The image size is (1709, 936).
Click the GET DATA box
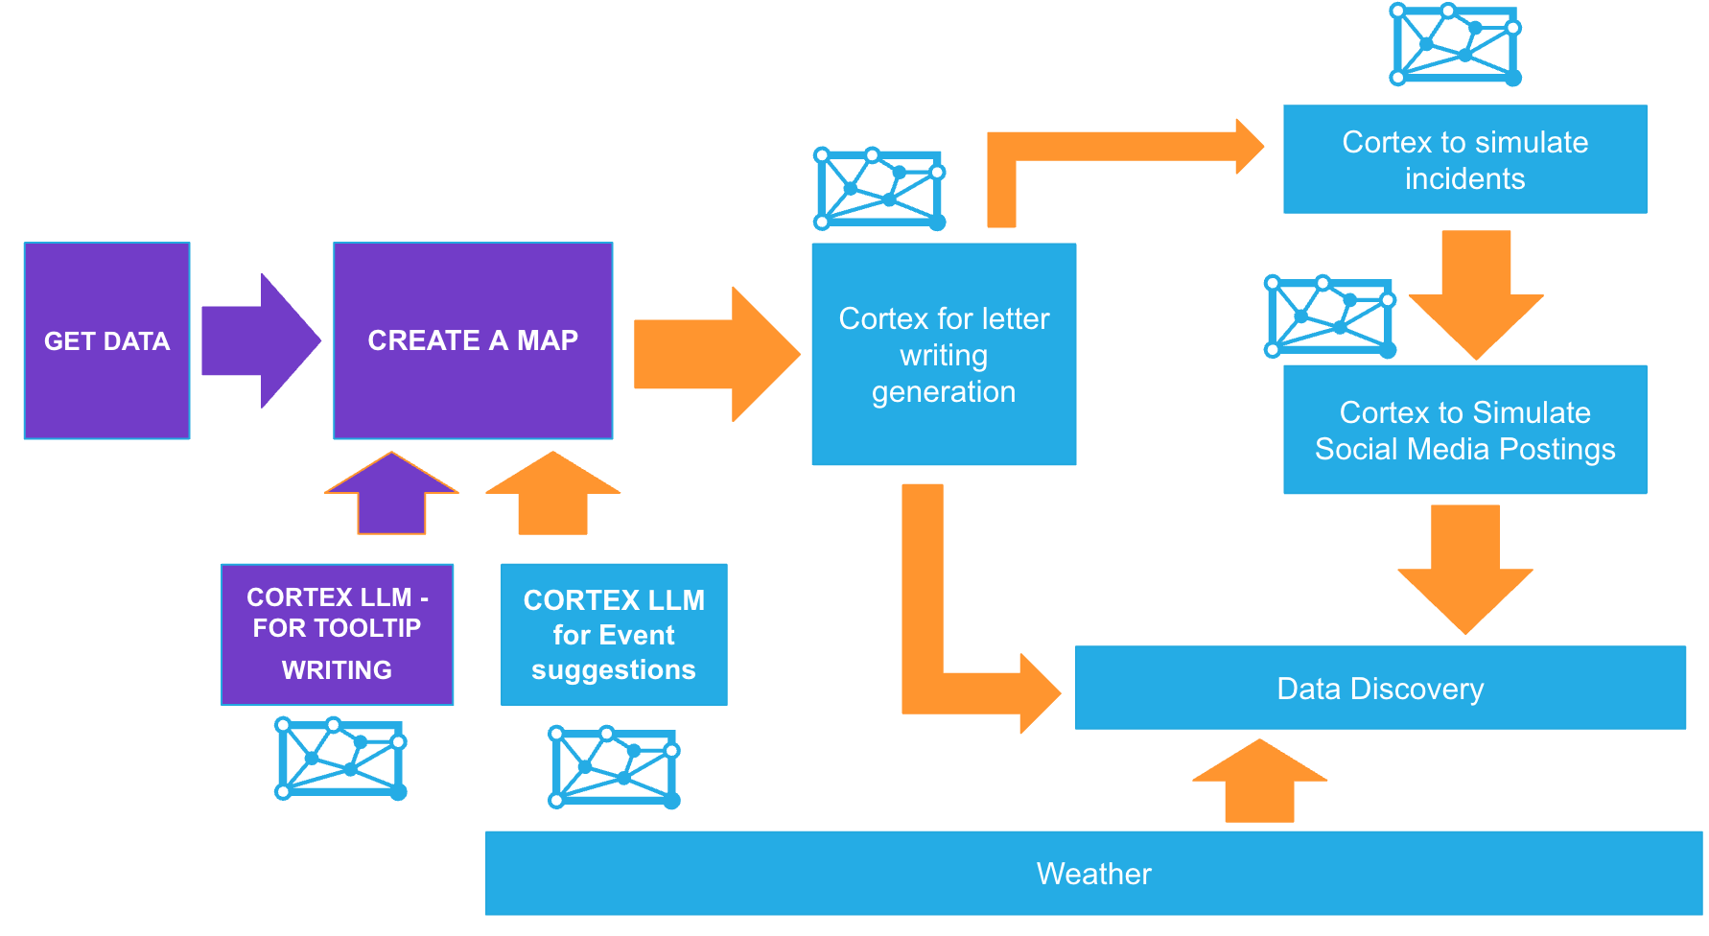pos(106,340)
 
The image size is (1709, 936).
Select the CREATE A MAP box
pos(473,340)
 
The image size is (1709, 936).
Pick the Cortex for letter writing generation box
pos(944,354)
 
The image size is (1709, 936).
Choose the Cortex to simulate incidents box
pos(1464,159)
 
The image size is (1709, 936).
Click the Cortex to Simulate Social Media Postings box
pos(1464,430)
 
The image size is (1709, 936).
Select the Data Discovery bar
pos(1380,688)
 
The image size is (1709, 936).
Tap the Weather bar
pos(1093,873)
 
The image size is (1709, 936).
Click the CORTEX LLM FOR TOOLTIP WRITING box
pos(337,634)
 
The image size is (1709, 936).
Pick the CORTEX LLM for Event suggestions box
pos(614,634)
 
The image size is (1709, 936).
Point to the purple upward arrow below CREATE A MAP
pos(391,493)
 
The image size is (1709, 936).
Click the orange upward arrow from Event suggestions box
pos(553,493)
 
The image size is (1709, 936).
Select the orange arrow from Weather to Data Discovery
pos(1259,781)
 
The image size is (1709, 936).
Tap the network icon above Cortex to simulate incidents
pos(1455,45)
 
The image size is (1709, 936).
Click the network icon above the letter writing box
pos(879,189)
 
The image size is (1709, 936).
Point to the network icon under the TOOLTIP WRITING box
pos(340,758)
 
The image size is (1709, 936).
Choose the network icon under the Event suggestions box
pos(614,767)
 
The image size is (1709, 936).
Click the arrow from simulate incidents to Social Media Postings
pos(1477,293)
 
